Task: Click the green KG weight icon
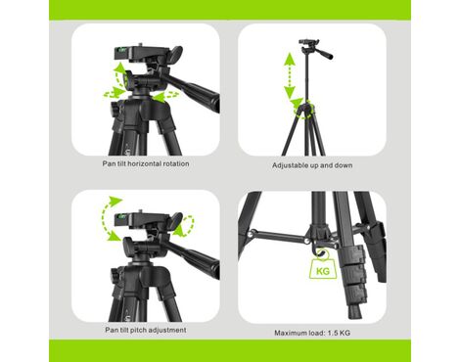pos(323,268)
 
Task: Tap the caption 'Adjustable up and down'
pos(312,165)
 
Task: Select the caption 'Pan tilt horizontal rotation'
pos(146,163)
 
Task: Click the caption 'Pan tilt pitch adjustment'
pos(146,330)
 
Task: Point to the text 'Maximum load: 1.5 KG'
pos(312,333)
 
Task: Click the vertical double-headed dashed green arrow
pos(290,75)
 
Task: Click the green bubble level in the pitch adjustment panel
pos(121,215)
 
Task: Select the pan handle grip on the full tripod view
pos(326,55)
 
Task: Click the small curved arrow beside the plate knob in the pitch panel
pos(184,225)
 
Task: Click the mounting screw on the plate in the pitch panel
pos(140,210)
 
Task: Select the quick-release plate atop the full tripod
pos(308,42)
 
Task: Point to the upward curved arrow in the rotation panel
pos(120,73)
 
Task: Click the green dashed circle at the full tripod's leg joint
pos(304,110)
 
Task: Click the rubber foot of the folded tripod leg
pos(355,311)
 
